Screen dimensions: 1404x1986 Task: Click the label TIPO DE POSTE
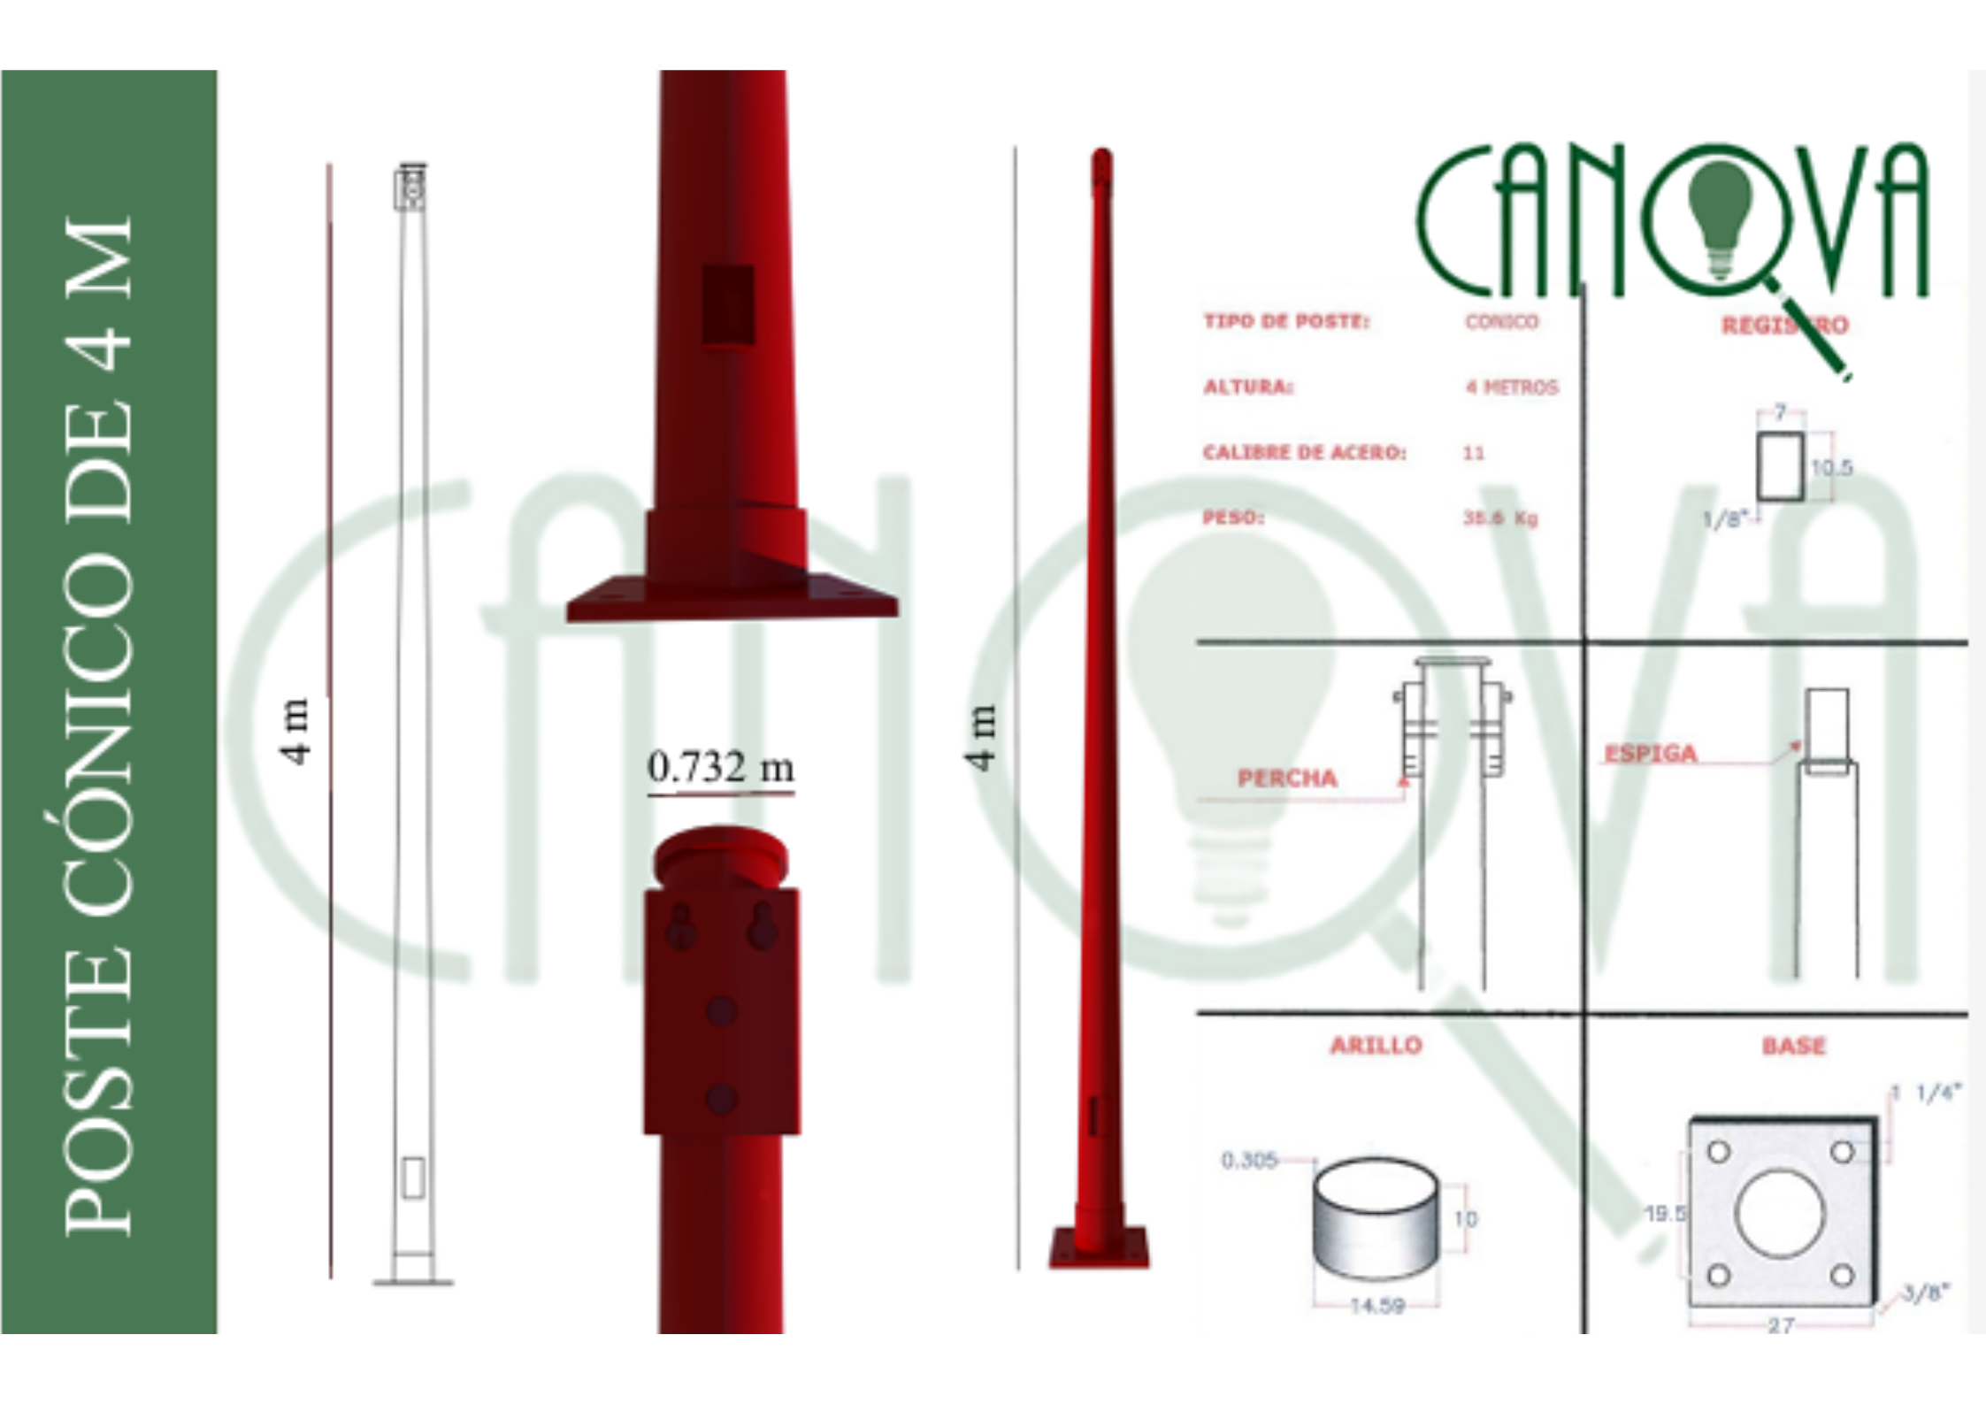(1286, 321)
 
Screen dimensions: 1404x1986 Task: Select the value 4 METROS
(1511, 387)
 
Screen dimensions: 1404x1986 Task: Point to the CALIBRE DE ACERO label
(1304, 452)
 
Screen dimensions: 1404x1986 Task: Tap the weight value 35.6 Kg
(1500, 518)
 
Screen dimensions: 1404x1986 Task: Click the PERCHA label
(1287, 779)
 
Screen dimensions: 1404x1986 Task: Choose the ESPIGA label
(1651, 754)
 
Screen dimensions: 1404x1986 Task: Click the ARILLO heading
(1376, 1046)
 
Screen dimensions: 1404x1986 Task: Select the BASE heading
(1793, 1046)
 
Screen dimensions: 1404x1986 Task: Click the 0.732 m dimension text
(720, 768)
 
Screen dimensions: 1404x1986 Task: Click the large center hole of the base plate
(1780, 1214)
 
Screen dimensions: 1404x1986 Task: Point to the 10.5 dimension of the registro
(1831, 467)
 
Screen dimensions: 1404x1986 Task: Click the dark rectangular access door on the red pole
(728, 303)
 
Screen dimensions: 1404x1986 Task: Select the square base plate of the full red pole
(1099, 1247)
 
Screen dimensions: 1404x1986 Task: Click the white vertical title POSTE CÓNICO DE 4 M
(99, 725)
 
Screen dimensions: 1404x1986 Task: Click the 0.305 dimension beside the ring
(1249, 1160)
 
